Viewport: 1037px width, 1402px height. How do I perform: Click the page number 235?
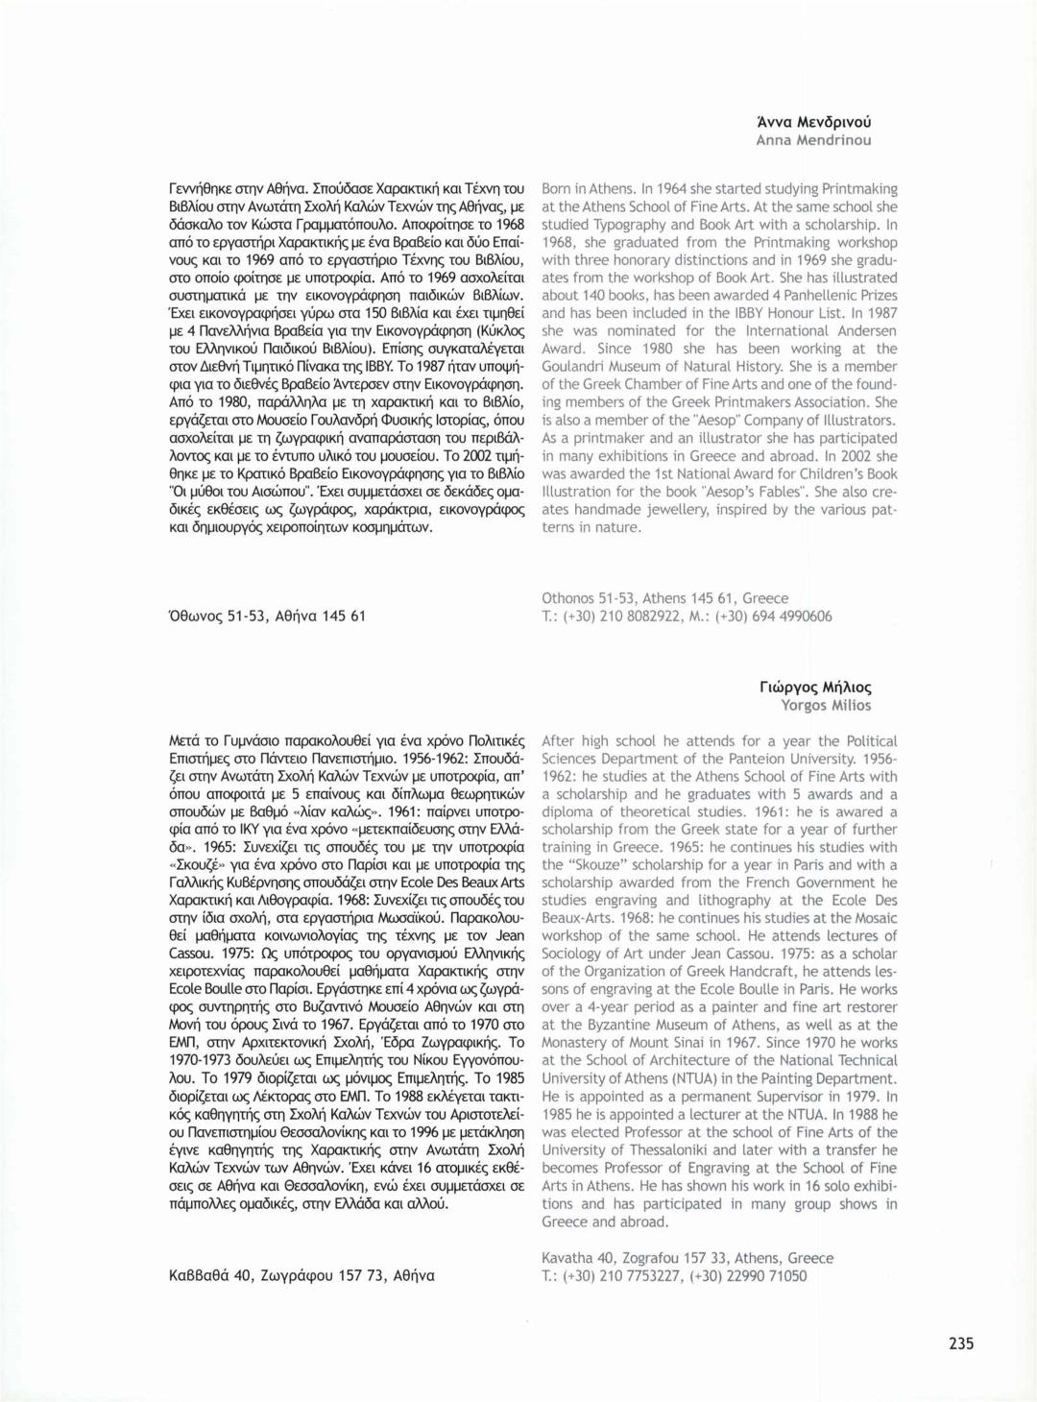tap(960, 1343)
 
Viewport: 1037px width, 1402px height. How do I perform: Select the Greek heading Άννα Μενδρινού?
tap(813, 122)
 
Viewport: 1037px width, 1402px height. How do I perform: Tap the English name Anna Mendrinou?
tap(813, 140)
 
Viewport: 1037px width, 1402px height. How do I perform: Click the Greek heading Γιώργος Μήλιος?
tap(815, 688)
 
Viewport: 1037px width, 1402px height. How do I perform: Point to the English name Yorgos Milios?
tap(826, 706)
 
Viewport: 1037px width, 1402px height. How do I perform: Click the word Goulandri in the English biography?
tap(573, 367)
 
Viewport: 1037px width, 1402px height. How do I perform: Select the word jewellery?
tap(676, 510)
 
